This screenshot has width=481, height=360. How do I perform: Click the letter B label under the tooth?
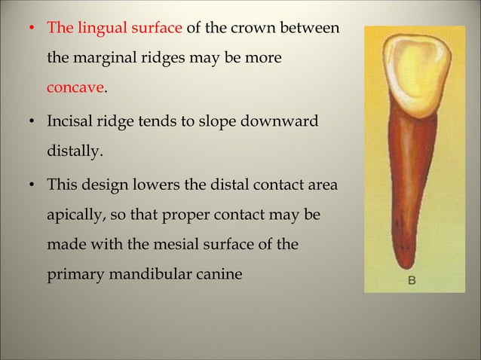click(x=412, y=281)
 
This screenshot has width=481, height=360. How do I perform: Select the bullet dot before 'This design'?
click(x=32, y=185)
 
